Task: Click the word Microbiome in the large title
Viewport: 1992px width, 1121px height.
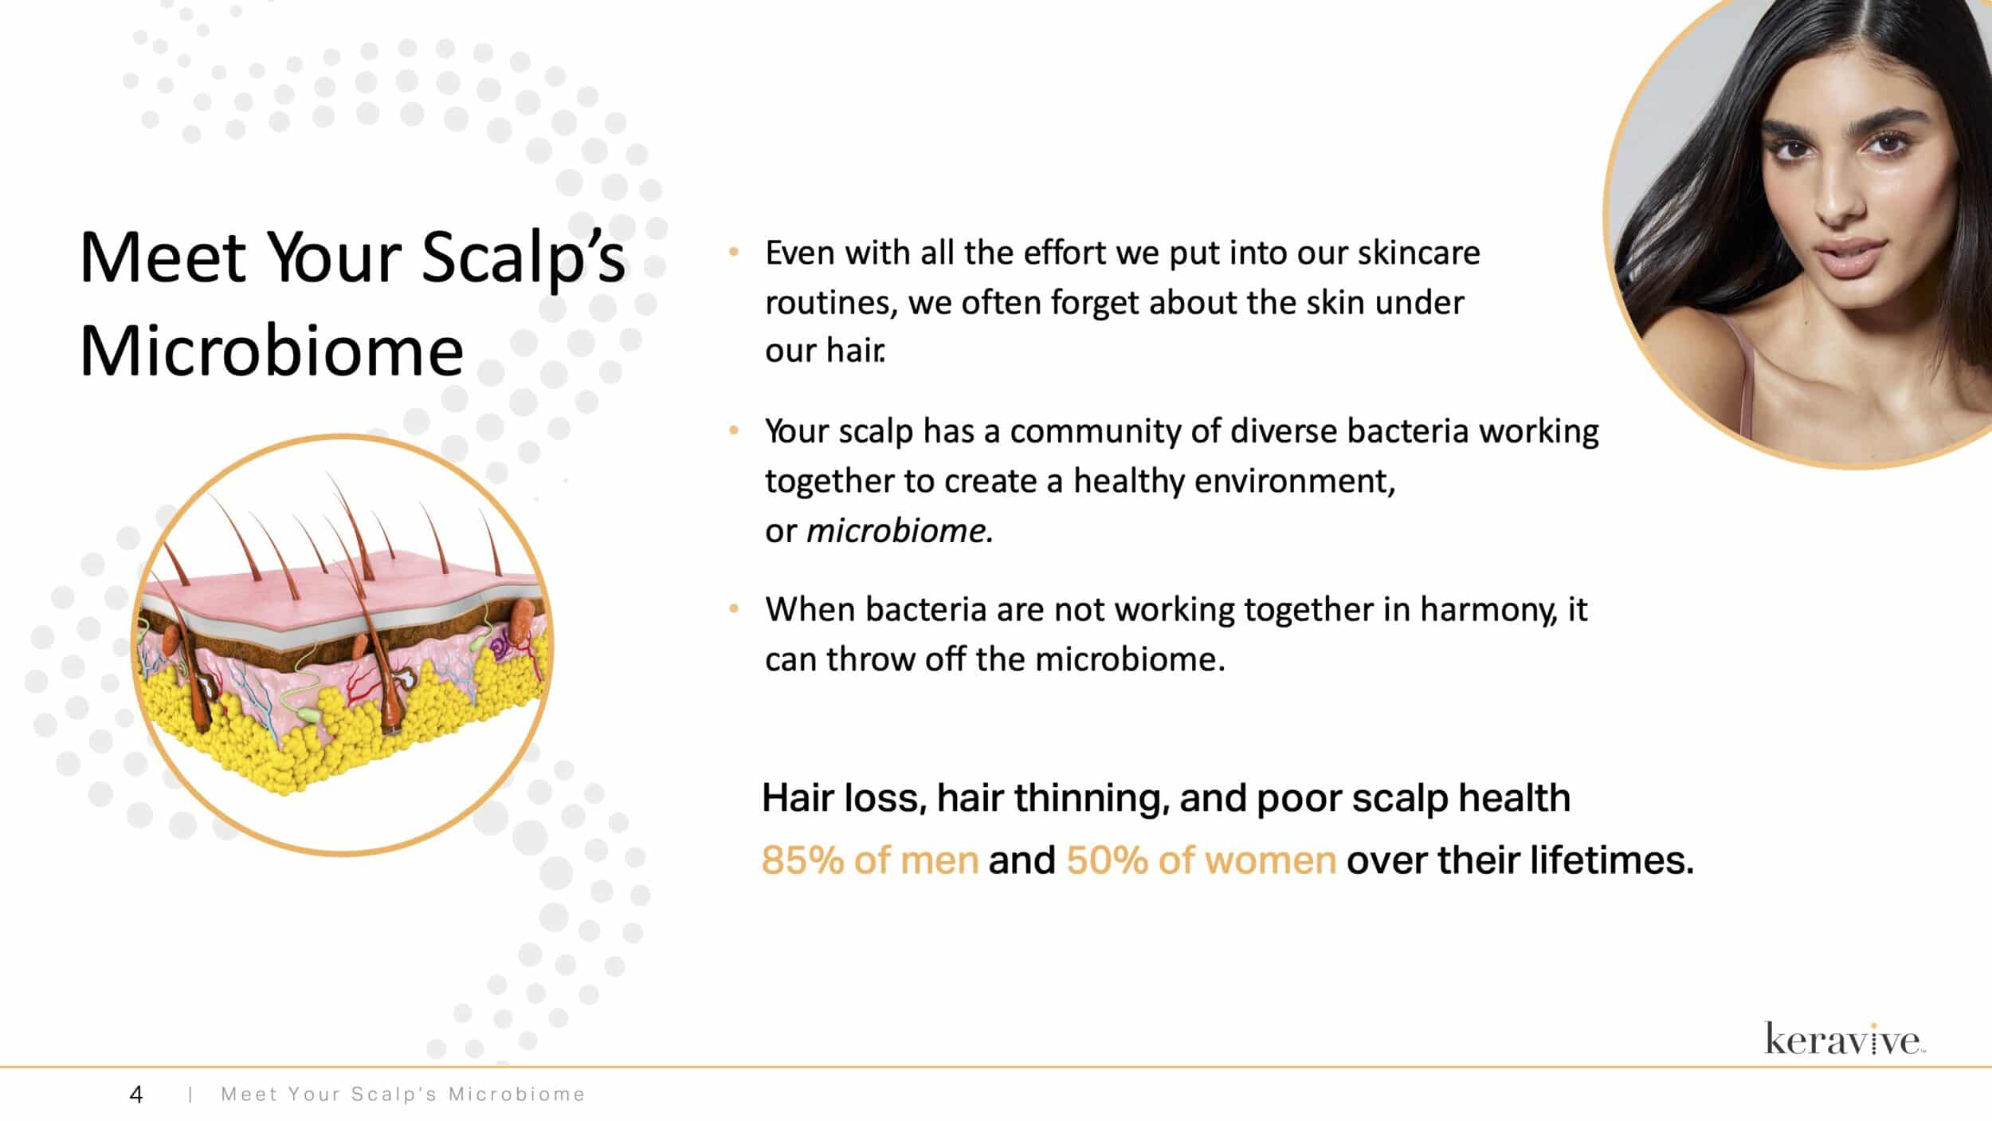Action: (272, 351)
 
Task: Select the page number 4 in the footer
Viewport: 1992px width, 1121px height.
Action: (136, 1095)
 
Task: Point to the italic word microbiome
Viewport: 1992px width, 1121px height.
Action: (900, 531)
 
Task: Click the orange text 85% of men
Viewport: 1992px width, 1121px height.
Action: (869, 860)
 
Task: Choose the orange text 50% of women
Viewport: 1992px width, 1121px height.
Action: (1201, 860)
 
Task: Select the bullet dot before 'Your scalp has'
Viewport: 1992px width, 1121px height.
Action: (734, 431)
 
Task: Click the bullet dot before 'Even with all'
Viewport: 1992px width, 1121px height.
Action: (734, 253)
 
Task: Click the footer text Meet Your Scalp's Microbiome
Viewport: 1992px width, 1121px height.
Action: (402, 1095)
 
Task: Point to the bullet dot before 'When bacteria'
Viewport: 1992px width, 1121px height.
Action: (734, 610)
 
